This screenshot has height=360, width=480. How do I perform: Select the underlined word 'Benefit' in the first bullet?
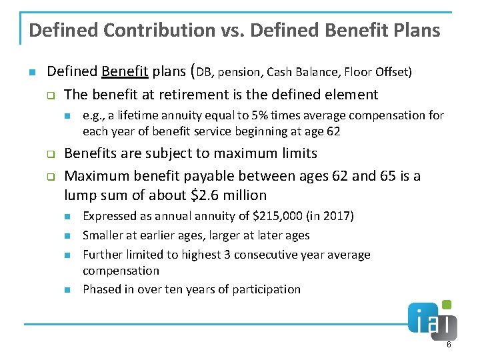point(125,71)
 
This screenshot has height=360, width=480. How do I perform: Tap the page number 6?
point(449,345)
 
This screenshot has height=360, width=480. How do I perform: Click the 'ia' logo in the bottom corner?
point(432,323)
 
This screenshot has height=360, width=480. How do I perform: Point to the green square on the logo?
point(447,305)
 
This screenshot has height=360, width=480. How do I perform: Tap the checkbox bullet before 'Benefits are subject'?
point(49,154)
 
